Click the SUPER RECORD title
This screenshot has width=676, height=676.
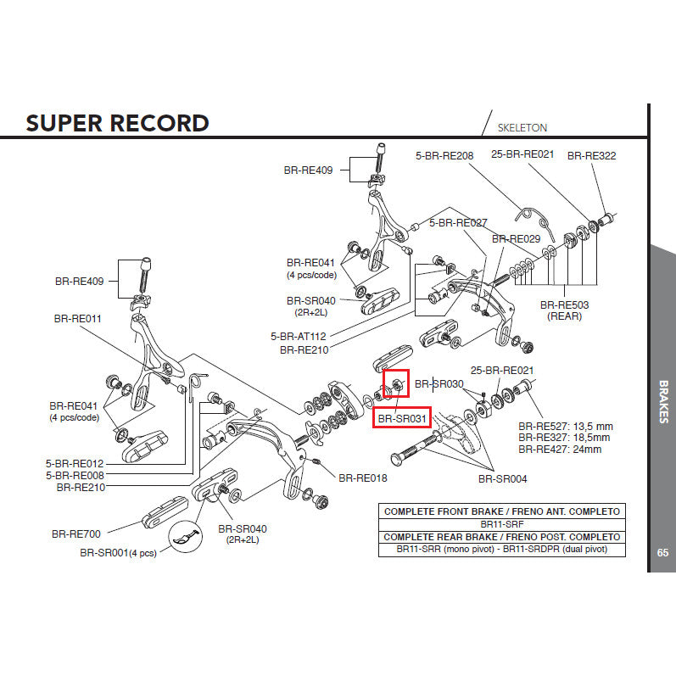(x=117, y=123)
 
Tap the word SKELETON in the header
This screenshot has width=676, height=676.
(x=522, y=128)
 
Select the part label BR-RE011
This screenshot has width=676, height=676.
(x=77, y=319)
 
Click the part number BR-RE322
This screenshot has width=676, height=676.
(x=591, y=156)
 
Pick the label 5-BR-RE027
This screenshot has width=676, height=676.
(x=458, y=223)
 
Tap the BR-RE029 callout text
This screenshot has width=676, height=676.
(x=516, y=239)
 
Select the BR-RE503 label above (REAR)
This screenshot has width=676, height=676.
(x=565, y=304)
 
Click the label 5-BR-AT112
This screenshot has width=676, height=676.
(x=299, y=336)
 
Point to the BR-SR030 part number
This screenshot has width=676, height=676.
(x=439, y=384)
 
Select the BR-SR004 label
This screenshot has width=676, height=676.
(x=502, y=479)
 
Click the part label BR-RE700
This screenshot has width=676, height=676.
(x=75, y=534)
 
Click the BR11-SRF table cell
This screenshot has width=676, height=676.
(x=500, y=524)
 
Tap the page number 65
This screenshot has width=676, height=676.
(x=662, y=553)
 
